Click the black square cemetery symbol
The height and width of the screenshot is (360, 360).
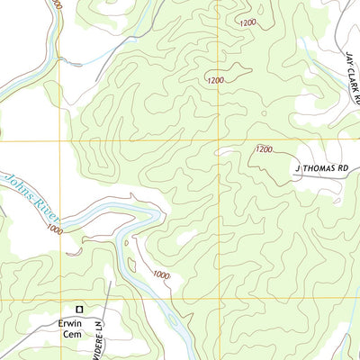click(78, 309)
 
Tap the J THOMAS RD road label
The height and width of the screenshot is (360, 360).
click(322, 167)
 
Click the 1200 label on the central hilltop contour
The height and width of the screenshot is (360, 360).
click(214, 81)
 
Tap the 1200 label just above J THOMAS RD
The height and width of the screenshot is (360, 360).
click(263, 149)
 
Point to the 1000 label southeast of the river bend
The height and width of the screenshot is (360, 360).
click(159, 274)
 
